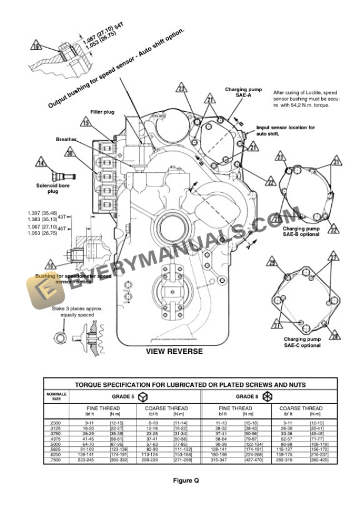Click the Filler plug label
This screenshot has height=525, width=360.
[101, 111]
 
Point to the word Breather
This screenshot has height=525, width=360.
[66, 139]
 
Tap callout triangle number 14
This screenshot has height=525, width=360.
[40, 162]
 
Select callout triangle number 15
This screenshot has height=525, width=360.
[86, 123]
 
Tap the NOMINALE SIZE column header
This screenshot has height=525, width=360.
[56, 397]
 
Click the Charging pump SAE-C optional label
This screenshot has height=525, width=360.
[302, 342]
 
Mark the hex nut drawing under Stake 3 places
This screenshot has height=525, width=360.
[59, 337]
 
